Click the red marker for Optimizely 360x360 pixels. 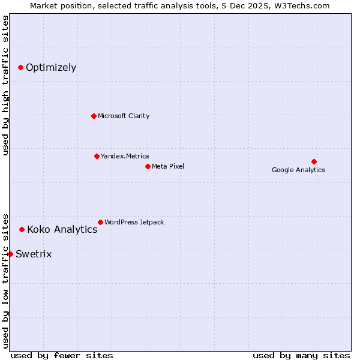[x=21, y=67]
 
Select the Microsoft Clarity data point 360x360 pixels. [x=94, y=116]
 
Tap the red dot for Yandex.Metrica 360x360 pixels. [x=97, y=156]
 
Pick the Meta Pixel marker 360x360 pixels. [x=148, y=166]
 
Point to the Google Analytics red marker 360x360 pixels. [x=314, y=161]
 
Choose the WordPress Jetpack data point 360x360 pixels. [x=100, y=222]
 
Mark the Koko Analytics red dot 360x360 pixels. [x=22, y=229]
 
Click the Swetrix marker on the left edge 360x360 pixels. [x=10, y=254]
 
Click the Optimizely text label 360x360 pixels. [x=51, y=67]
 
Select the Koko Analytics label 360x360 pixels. [x=62, y=229]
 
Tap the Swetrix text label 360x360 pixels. [x=34, y=254]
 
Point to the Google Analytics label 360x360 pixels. [x=298, y=170]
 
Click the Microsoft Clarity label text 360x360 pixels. [x=124, y=116]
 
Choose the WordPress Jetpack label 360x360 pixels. [x=134, y=222]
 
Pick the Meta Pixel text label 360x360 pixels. [x=168, y=166]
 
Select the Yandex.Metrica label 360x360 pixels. [x=125, y=156]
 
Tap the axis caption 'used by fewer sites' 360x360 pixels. [x=62, y=355]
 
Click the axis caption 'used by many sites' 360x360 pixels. [x=301, y=355]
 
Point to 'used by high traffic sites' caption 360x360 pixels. [x=5, y=85]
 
